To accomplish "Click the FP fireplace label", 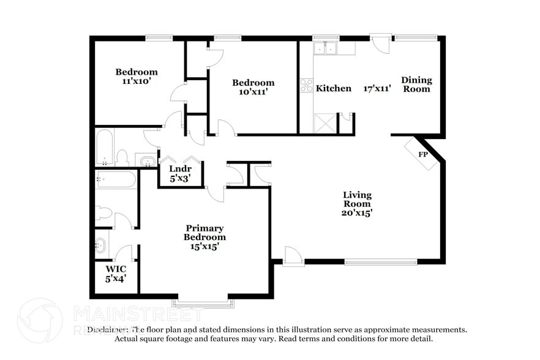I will tap(422, 154).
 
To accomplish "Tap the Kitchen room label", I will tap(334, 88).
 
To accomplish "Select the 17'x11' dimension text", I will tap(377, 88).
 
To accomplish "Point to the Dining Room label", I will tap(416, 84).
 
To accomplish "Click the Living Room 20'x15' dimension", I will tap(357, 214).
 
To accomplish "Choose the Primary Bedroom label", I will tap(205, 233).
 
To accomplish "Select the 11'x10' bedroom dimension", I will tap(137, 81).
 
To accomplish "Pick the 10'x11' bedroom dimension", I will tap(253, 92).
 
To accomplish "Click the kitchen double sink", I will tap(326, 48).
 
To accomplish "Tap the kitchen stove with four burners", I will tap(306, 85).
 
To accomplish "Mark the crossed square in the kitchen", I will tap(324, 124).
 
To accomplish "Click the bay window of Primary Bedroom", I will tap(202, 302).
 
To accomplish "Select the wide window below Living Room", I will tap(381, 262).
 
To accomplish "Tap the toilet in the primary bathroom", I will tap(104, 213).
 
